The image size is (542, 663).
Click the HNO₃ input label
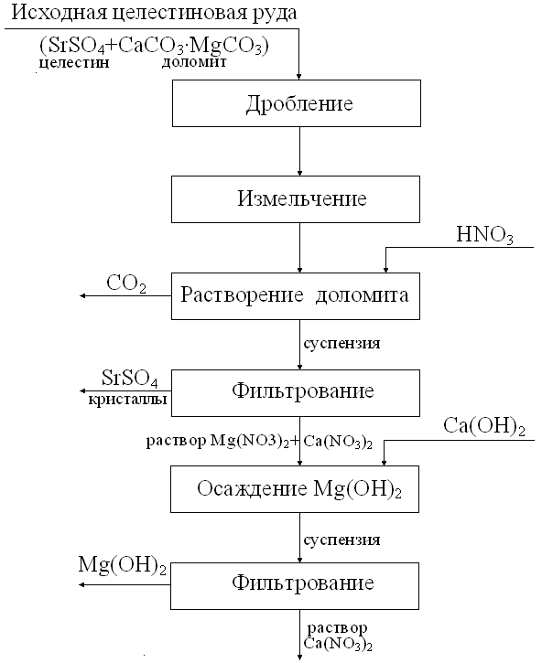point(485,235)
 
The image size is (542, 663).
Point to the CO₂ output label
point(126,283)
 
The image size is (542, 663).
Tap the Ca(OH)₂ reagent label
point(484,426)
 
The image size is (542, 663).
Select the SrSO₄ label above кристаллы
point(130,379)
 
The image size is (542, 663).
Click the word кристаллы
point(127,400)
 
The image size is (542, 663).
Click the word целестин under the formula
point(74,63)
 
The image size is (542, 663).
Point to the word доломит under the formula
point(194,62)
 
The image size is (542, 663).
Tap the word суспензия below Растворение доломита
point(341,343)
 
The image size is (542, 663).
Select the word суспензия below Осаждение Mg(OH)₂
point(341,540)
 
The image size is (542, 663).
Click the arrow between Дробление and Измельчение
point(299,152)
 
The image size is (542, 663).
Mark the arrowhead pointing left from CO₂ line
point(83,296)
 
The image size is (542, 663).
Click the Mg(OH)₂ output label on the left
point(123,565)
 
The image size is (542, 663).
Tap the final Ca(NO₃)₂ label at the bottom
point(338,645)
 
